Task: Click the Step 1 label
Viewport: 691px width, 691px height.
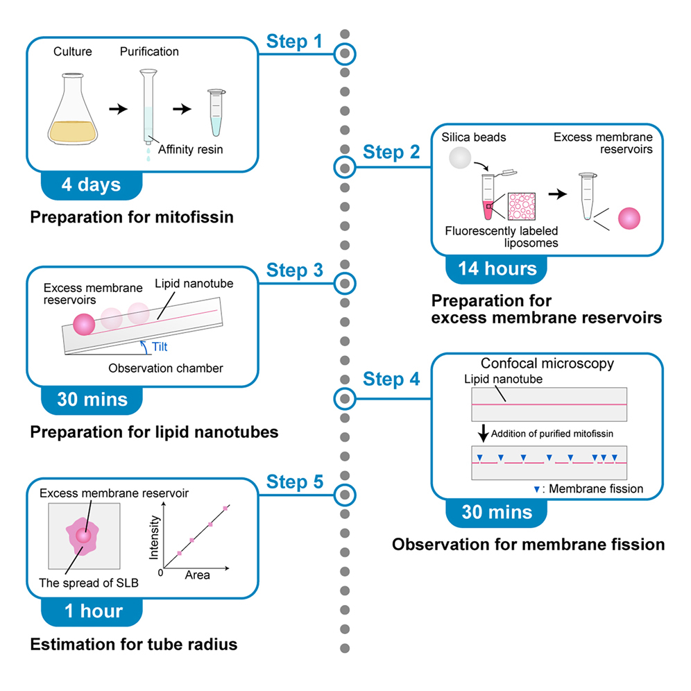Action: [294, 42]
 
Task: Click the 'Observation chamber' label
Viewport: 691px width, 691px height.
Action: [166, 368]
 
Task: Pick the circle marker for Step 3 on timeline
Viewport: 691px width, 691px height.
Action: [345, 282]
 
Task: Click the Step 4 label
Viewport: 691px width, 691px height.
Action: [391, 379]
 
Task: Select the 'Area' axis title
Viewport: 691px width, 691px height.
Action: [196, 575]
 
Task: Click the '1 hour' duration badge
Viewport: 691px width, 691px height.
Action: [92, 611]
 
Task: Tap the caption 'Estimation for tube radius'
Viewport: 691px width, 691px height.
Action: [133, 645]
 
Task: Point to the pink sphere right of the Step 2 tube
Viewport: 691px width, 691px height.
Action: [628, 218]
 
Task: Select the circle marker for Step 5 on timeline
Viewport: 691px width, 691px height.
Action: [345, 494]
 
